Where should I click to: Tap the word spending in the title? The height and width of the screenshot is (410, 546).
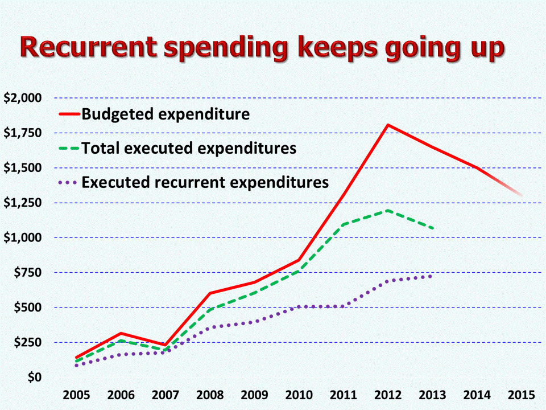pos(226,50)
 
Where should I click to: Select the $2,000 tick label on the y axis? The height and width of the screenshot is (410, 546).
pos(23,98)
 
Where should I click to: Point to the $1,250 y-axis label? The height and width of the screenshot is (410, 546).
pos(23,203)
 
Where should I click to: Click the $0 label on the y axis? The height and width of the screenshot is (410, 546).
pos(35,377)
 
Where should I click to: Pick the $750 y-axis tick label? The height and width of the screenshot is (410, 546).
pos(28,272)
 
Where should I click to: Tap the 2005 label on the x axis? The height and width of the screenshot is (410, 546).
pos(76,395)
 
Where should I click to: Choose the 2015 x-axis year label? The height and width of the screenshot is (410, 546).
pos(522,395)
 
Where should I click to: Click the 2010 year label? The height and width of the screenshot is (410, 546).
pos(299,395)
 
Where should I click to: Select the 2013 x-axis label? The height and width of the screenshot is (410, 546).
pos(432,395)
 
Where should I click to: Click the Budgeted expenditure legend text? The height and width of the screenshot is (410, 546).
pos(166,114)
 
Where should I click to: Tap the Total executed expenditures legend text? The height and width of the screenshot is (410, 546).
pos(189,148)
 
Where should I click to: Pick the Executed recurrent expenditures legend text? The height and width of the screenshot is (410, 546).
pos(205,182)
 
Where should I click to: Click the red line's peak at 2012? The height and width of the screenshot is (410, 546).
pos(387,125)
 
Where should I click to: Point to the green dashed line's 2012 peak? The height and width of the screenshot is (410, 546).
pos(387,211)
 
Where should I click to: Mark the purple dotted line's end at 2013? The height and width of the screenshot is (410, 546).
pos(431,276)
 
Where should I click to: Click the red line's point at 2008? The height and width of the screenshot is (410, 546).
pos(210,293)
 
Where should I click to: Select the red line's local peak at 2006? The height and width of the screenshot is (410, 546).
pos(121,334)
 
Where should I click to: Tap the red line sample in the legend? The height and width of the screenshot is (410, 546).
pos(69,114)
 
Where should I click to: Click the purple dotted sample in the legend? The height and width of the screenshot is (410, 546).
pos(68,182)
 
